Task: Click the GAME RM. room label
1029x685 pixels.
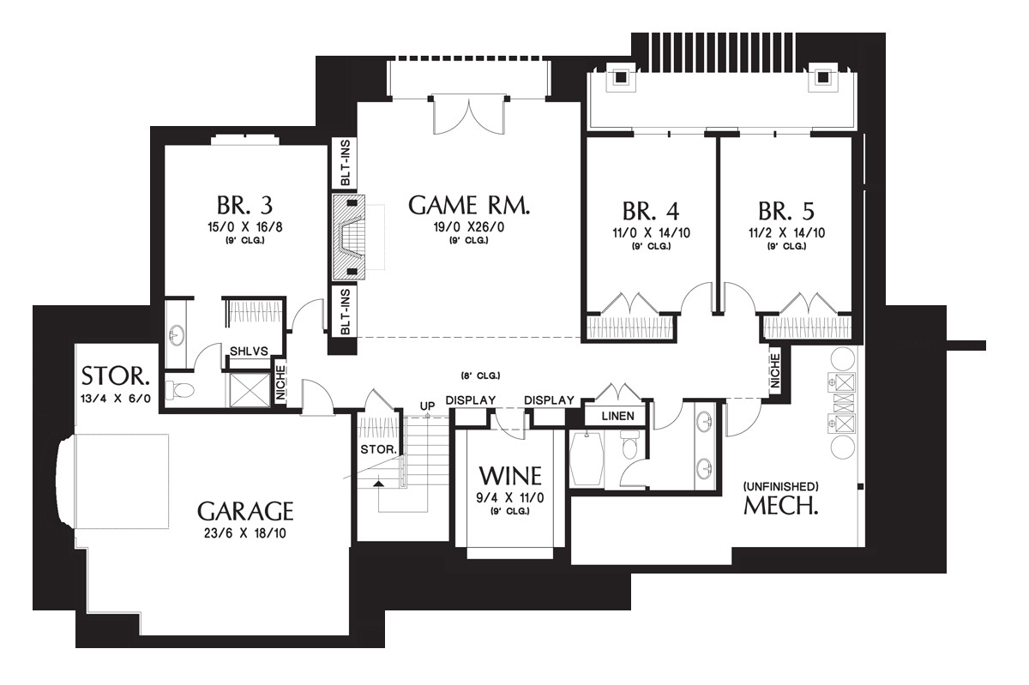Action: click(x=469, y=206)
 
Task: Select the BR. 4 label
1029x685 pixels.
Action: click(x=649, y=211)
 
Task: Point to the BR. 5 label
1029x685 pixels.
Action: click(x=785, y=211)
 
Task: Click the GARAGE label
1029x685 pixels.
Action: click(x=245, y=512)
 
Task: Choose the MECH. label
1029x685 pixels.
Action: click(x=780, y=505)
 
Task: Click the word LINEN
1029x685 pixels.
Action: click(x=617, y=416)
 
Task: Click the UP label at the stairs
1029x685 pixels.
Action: click(x=426, y=405)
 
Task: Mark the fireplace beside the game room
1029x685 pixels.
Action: click(x=349, y=235)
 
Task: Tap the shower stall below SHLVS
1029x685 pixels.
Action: click(x=247, y=387)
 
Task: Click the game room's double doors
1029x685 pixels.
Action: click(x=467, y=116)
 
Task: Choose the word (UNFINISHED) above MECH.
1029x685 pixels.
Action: click(x=781, y=485)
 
